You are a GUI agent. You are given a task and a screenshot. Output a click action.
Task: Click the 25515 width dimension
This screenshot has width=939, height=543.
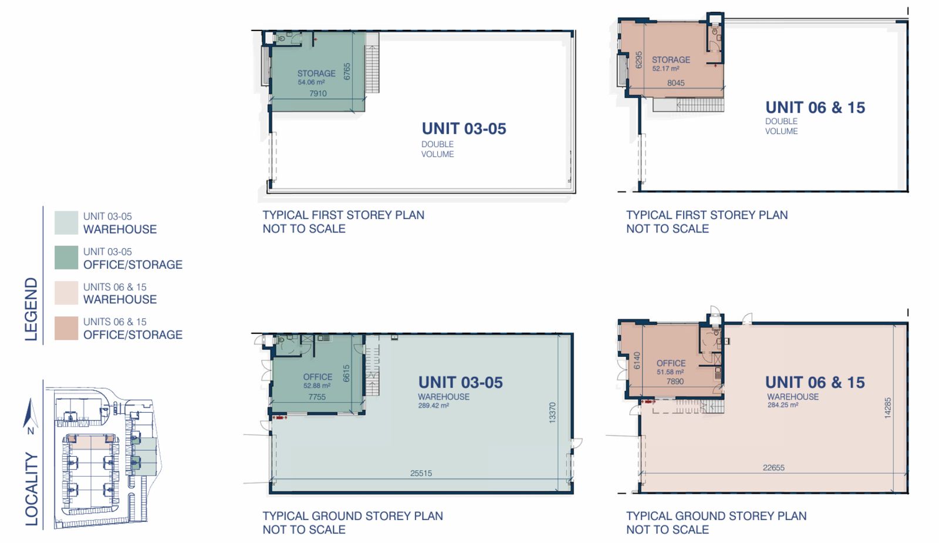coord(421,473)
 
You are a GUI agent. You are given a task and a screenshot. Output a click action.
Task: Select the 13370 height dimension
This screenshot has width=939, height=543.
coord(552,413)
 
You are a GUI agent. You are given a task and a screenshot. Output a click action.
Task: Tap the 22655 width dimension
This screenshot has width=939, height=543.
coord(774,467)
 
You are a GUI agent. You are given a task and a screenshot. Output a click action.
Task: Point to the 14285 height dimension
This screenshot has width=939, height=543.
coord(887,408)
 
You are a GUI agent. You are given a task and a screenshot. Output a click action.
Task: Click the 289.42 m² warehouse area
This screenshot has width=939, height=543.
coord(434,406)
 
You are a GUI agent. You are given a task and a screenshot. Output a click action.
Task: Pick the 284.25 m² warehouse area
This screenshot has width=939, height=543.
coord(783,405)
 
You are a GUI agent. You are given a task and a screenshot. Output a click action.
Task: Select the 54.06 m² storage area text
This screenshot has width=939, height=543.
coord(312,82)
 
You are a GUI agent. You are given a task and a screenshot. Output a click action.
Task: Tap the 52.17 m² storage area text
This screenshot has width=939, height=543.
coord(666,69)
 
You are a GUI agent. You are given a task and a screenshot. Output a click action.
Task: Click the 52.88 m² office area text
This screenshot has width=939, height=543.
coord(317,386)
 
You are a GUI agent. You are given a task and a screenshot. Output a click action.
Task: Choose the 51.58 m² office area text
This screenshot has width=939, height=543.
coord(670,372)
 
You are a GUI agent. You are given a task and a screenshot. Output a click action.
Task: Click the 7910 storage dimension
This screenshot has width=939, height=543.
coord(317,93)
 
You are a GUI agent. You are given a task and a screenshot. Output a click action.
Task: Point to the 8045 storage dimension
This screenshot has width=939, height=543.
coord(675,83)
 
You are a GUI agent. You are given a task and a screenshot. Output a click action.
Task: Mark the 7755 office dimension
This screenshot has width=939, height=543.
coord(317,397)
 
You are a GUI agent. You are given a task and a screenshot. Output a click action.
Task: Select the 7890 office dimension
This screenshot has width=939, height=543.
coord(675,382)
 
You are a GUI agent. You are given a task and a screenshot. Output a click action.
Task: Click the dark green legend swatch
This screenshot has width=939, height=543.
coord(66,258)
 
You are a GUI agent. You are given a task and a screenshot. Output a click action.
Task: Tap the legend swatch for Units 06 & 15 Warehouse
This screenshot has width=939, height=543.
coord(66,293)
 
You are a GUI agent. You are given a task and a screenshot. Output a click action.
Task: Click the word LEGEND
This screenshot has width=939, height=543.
coord(32,309)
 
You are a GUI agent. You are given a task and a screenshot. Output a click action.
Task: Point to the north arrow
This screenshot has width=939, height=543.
coord(29,413)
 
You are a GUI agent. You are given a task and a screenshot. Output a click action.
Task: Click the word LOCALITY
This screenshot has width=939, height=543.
coord(32,489)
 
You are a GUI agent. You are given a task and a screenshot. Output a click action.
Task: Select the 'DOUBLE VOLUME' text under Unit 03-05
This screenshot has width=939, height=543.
coord(438,149)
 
